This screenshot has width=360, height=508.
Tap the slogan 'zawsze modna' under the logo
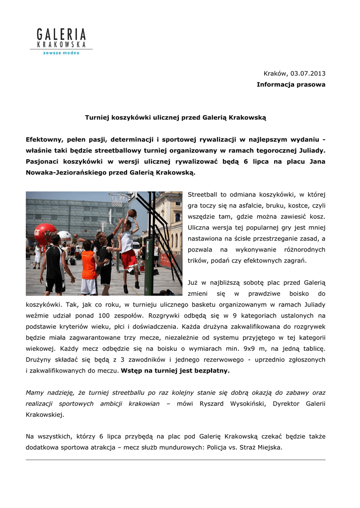[x=61, y=53]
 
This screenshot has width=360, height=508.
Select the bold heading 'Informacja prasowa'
[x=291, y=84]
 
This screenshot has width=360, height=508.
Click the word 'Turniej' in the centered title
[x=97, y=118]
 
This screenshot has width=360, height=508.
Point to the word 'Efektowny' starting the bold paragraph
[x=44, y=139]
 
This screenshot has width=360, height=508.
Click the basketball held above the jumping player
[x=132, y=213]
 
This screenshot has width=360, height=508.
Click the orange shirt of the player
[x=89, y=265]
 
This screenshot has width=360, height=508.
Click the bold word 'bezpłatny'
[x=214, y=371]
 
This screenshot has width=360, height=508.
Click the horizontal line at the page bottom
[x=175, y=460]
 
